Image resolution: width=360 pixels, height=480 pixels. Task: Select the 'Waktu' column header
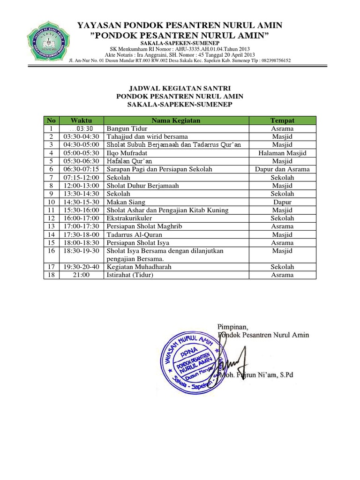(x=81, y=120)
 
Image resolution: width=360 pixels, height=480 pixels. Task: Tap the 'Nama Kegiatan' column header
(x=176, y=120)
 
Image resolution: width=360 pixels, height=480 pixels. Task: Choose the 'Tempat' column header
(x=282, y=120)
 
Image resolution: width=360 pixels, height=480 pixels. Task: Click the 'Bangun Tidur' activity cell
(x=127, y=128)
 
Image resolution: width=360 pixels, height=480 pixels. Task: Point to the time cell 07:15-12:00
(x=81, y=178)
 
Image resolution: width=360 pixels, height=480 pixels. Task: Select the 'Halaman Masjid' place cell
(x=282, y=153)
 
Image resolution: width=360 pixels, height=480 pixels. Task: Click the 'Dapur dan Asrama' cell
(x=282, y=169)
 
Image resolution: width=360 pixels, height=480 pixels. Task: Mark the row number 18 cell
(x=50, y=275)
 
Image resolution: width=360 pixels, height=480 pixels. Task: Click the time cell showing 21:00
(x=81, y=275)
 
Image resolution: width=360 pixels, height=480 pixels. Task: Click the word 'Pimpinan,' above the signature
(x=232, y=326)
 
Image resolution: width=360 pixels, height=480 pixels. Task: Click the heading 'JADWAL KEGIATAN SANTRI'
(x=180, y=88)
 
